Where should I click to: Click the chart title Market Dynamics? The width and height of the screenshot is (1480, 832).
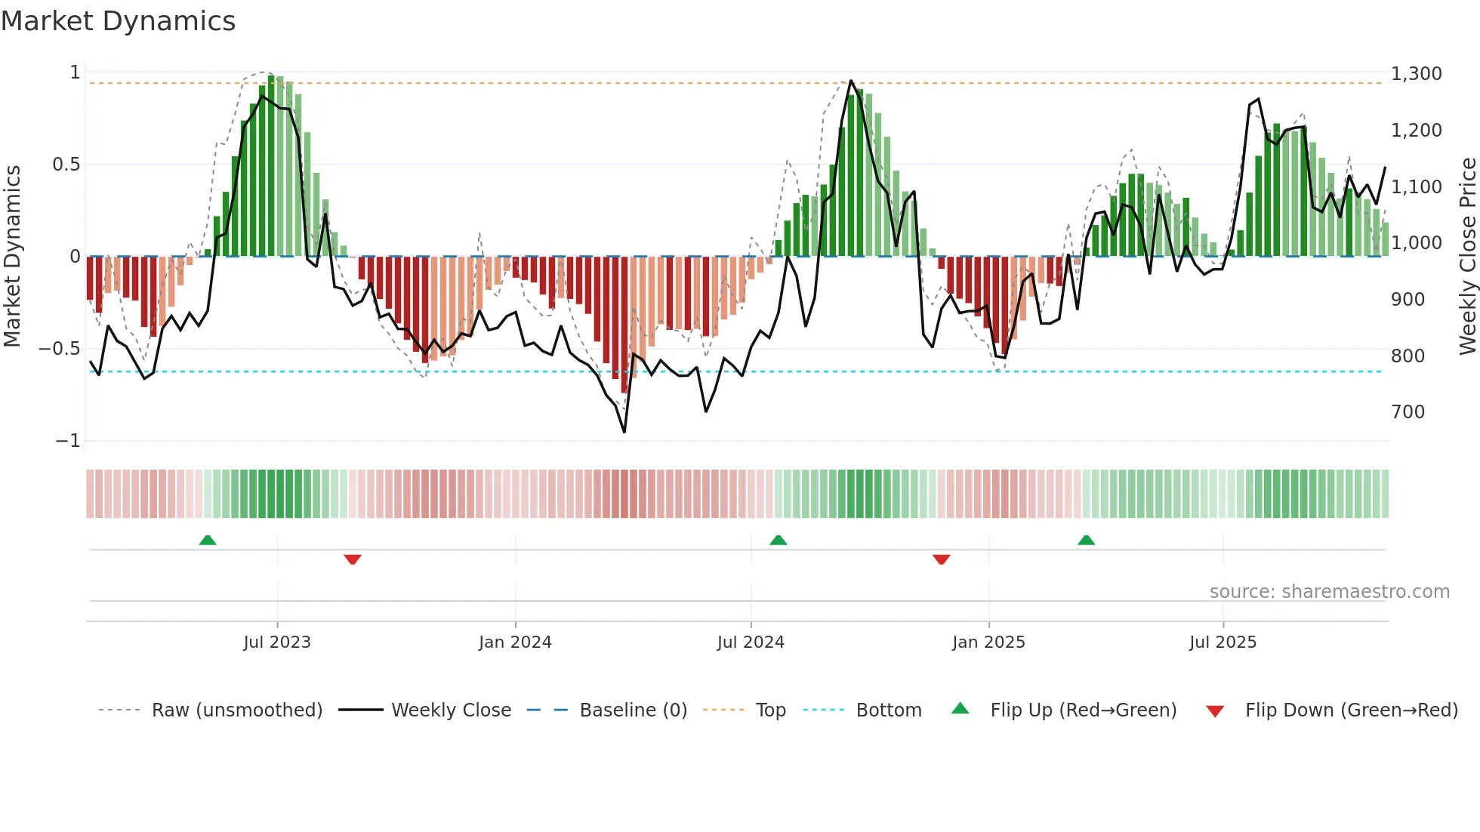click(x=118, y=21)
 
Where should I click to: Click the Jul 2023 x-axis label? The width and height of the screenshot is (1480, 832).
click(x=277, y=642)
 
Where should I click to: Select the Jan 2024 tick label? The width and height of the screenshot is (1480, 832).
click(x=515, y=642)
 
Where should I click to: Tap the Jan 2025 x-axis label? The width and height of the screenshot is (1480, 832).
click(x=988, y=642)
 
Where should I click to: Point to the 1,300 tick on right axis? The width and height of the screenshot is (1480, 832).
click(x=1416, y=74)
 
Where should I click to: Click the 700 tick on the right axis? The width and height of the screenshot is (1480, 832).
click(x=1408, y=412)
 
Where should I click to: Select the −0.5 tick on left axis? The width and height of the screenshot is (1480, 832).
click(x=60, y=349)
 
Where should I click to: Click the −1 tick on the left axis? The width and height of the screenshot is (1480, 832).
click(x=68, y=441)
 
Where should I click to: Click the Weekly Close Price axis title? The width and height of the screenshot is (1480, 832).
click(x=1467, y=257)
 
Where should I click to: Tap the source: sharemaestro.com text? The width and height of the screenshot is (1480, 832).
click(x=1329, y=592)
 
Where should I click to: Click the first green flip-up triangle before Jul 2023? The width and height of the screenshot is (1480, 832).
click(x=208, y=540)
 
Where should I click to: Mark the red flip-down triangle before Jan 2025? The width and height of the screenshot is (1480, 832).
click(x=941, y=559)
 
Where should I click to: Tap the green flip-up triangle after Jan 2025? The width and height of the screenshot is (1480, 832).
click(x=1086, y=540)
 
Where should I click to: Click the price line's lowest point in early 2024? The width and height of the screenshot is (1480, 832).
click(x=624, y=432)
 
